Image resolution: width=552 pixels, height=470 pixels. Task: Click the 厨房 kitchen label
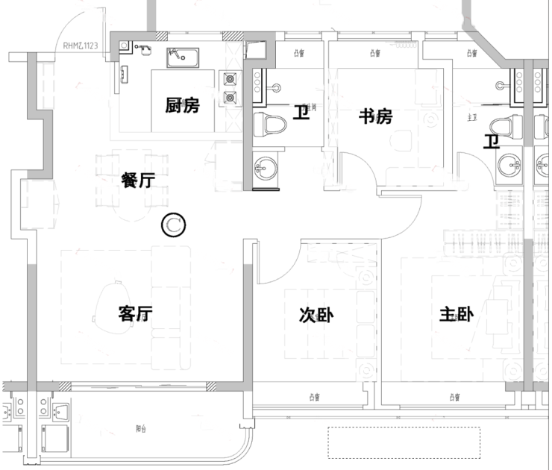[x=183, y=105]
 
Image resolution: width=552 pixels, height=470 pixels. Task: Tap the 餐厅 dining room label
[x=138, y=180]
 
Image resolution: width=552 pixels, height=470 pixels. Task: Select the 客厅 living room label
[x=136, y=314]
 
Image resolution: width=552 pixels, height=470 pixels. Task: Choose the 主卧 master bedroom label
[x=456, y=316]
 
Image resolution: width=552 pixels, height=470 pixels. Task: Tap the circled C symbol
[x=173, y=224]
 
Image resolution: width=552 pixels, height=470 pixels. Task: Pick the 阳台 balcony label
[x=141, y=428]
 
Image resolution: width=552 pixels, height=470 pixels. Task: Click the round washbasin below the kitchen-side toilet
[x=264, y=168]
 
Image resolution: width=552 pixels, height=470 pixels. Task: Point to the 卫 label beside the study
[x=301, y=113]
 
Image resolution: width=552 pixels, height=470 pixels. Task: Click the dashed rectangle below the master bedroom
[x=404, y=442]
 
